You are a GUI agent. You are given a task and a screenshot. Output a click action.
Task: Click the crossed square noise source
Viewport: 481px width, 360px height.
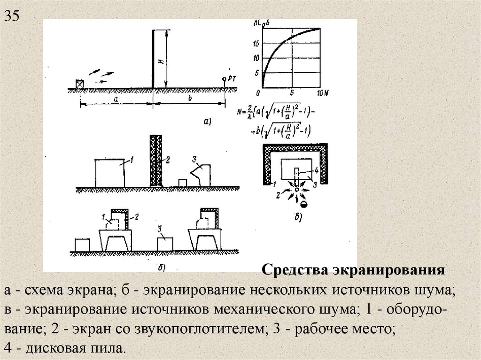click(79, 84)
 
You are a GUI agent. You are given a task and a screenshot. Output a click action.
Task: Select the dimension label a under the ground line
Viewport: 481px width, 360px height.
click(116, 99)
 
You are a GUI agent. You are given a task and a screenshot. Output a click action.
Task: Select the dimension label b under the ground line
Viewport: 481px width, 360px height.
click(189, 99)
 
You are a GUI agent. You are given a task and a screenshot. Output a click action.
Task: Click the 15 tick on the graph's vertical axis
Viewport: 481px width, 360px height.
click(256, 44)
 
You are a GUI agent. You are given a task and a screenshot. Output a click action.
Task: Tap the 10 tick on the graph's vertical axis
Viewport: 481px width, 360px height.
click(256, 58)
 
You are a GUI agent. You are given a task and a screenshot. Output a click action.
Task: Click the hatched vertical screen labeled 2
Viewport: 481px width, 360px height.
click(155, 160)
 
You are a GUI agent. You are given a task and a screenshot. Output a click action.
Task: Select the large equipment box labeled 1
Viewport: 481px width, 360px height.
click(110, 173)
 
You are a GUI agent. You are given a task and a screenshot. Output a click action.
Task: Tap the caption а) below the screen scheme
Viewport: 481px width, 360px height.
click(207, 122)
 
